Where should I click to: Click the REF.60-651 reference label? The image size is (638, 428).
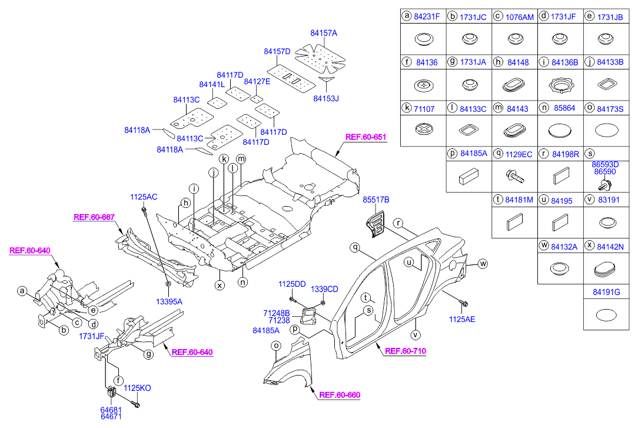point(365,137)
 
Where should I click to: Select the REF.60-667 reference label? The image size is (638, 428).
point(94,217)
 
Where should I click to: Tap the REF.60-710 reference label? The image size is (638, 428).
point(405,351)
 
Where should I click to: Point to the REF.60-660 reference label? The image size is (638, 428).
point(340,395)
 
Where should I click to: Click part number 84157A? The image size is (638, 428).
point(324,34)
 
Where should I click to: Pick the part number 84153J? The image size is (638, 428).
point(326,98)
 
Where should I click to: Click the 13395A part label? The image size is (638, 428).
point(169,301)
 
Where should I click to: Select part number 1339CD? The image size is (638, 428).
point(324,289)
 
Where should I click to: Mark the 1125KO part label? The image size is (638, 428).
point(137,388)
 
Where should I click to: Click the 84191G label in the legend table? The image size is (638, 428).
point(605,290)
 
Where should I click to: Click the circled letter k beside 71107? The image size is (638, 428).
point(406,108)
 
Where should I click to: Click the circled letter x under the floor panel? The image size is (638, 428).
point(220,285)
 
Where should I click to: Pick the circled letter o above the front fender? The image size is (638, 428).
point(275,347)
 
